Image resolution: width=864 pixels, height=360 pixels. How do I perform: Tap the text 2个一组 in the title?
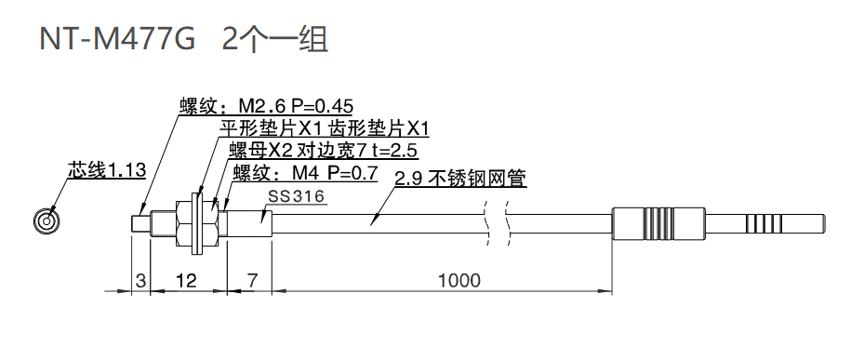[x=276, y=39]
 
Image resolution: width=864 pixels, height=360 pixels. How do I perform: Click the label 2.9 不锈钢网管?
[x=461, y=180]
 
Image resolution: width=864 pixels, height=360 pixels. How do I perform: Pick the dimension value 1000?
[x=460, y=280]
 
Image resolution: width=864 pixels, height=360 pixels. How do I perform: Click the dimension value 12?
[x=185, y=280]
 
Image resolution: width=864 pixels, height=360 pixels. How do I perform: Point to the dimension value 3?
[x=140, y=280]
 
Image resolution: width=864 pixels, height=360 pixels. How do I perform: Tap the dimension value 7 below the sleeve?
[x=250, y=280]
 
